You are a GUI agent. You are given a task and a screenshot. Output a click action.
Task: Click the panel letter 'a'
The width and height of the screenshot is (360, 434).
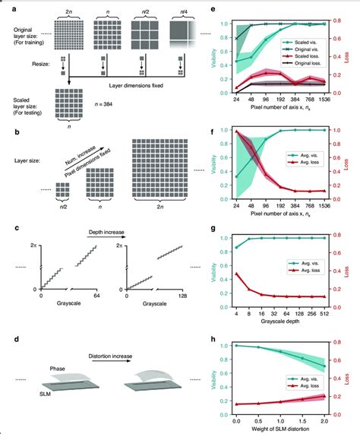pyautogui.click(x=6, y=8)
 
